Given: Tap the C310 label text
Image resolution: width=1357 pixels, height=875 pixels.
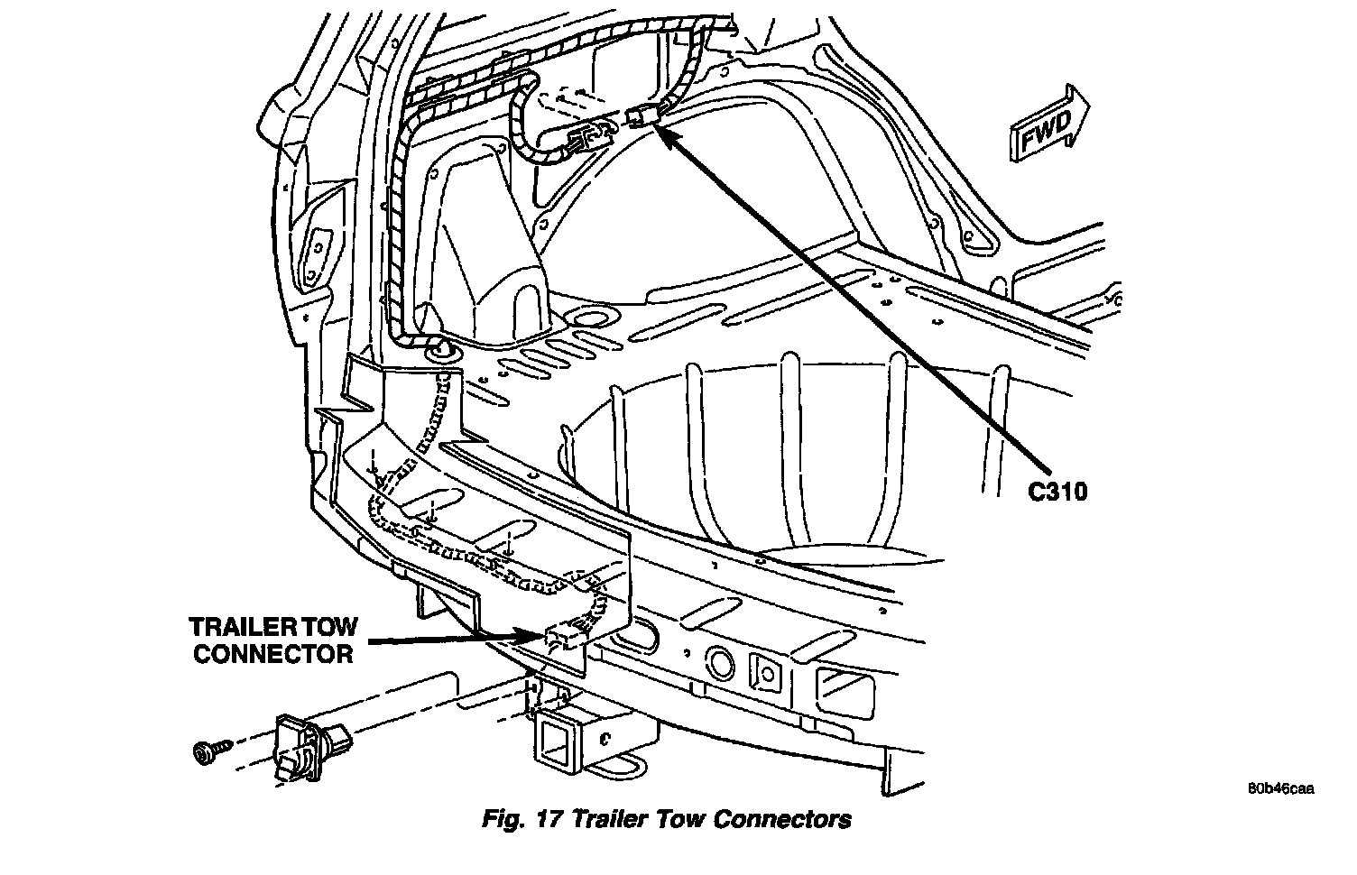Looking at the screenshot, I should (1057, 492).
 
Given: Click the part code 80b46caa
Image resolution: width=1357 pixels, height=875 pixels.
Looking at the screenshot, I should (1280, 788).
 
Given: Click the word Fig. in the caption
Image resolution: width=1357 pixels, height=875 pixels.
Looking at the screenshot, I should (512, 820).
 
